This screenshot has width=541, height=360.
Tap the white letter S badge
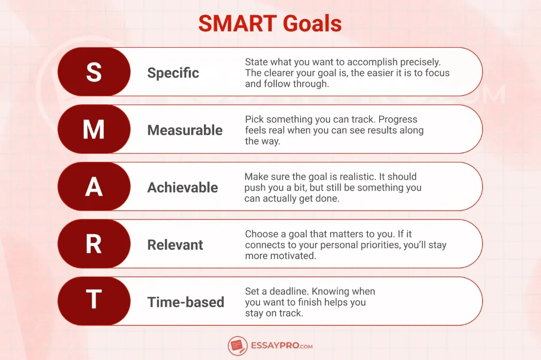(x=94, y=72)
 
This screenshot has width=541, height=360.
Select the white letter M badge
(x=94, y=130)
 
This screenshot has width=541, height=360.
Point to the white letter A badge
(x=94, y=187)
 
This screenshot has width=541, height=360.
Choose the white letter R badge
(x=94, y=244)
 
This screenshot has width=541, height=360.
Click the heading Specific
(x=173, y=73)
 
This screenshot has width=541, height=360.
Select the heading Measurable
(x=185, y=130)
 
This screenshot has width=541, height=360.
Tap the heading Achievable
(x=182, y=188)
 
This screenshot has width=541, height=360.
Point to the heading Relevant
(x=175, y=245)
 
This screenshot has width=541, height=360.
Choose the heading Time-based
(x=186, y=302)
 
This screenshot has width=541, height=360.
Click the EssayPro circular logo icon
(x=238, y=346)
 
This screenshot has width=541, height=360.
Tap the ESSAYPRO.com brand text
(x=281, y=346)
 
